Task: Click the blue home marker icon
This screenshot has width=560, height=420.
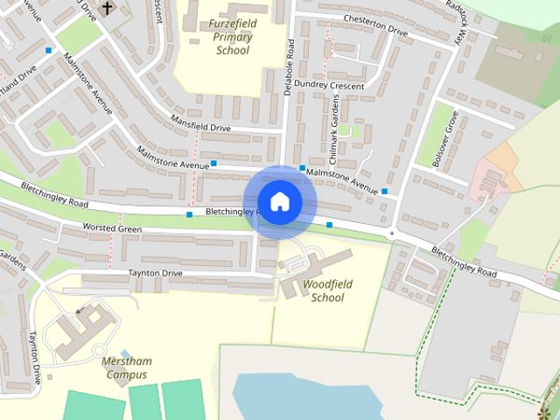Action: point(279,202)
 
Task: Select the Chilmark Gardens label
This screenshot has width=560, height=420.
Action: point(333,122)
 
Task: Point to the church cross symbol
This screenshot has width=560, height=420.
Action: point(108,9)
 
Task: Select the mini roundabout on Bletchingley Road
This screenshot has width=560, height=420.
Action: point(393,234)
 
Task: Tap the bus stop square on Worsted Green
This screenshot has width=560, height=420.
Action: point(189,214)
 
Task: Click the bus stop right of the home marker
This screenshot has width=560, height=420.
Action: point(330,226)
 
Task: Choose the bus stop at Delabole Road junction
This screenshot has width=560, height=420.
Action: point(302,168)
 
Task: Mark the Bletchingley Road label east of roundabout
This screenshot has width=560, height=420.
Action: point(464,264)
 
